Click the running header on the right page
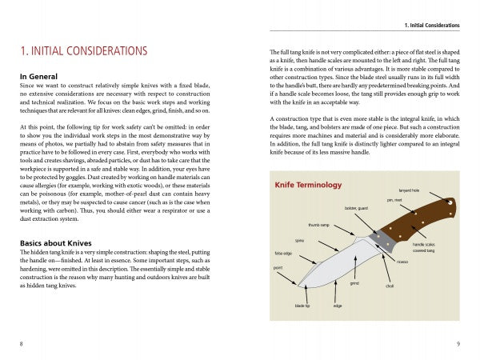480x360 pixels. (432, 25)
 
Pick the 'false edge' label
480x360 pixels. (282, 252)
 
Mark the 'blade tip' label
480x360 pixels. (302, 306)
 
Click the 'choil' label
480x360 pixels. (390, 285)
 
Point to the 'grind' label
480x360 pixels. (354, 282)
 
